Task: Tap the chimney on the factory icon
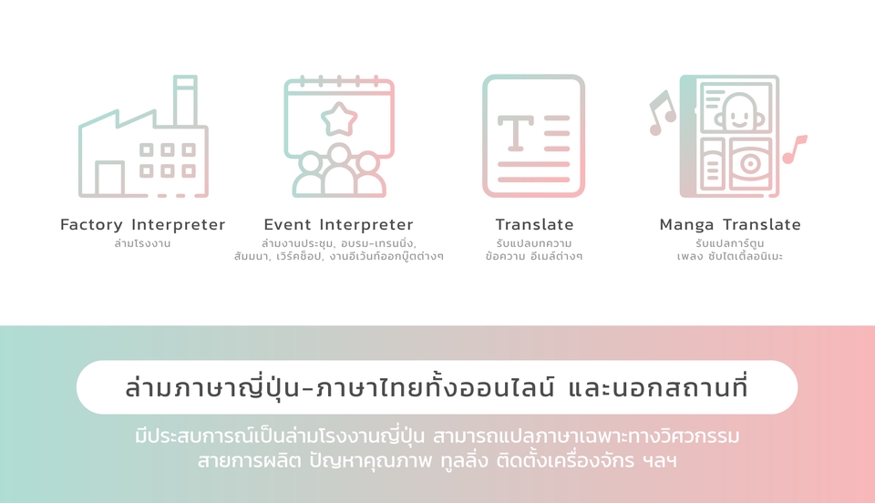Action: point(185,97)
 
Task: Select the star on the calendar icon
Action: point(339,118)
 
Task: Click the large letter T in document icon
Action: point(515,133)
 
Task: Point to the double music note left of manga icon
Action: point(661,113)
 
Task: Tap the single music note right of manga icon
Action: point(794,149)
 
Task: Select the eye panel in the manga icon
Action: point(749,164)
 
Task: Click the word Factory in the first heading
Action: point(93,224)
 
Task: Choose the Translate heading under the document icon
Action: point(534,224)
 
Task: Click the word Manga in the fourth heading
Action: point(687,224)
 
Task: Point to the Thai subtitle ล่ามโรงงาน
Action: point(142,244)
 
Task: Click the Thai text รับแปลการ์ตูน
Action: point(729,244)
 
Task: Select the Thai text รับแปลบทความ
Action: point(534,244)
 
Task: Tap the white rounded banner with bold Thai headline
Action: point(437,387)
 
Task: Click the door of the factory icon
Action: point(109,179)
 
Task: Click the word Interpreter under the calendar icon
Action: point(366,224)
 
